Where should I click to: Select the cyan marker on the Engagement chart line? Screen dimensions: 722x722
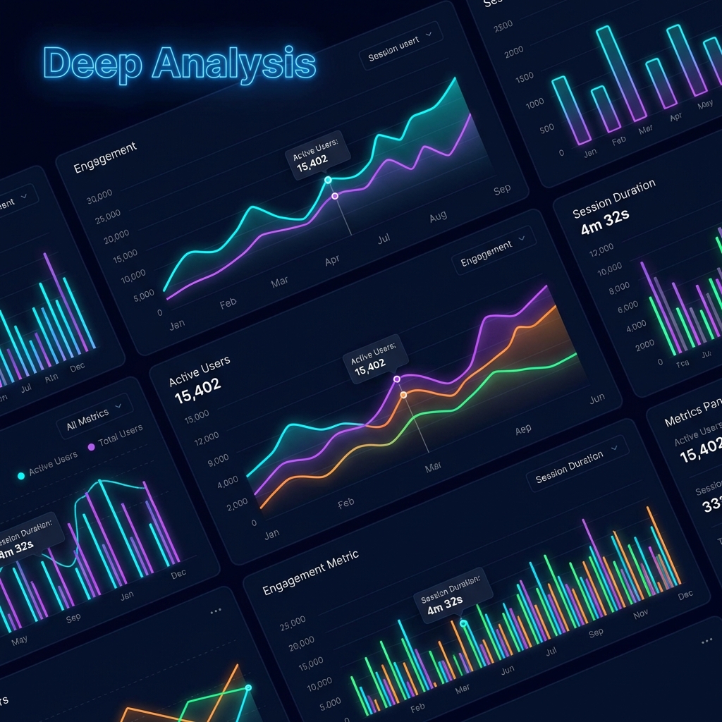pyautogui.click(x=328, y=180)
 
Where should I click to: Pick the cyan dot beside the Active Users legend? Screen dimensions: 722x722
pyautogui.click(x=20, y=476)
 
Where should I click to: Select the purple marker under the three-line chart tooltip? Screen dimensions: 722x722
pyautogui.click(x=397, y=379)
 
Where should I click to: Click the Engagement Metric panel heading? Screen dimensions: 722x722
pyautogui.click(x=311, y=572)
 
